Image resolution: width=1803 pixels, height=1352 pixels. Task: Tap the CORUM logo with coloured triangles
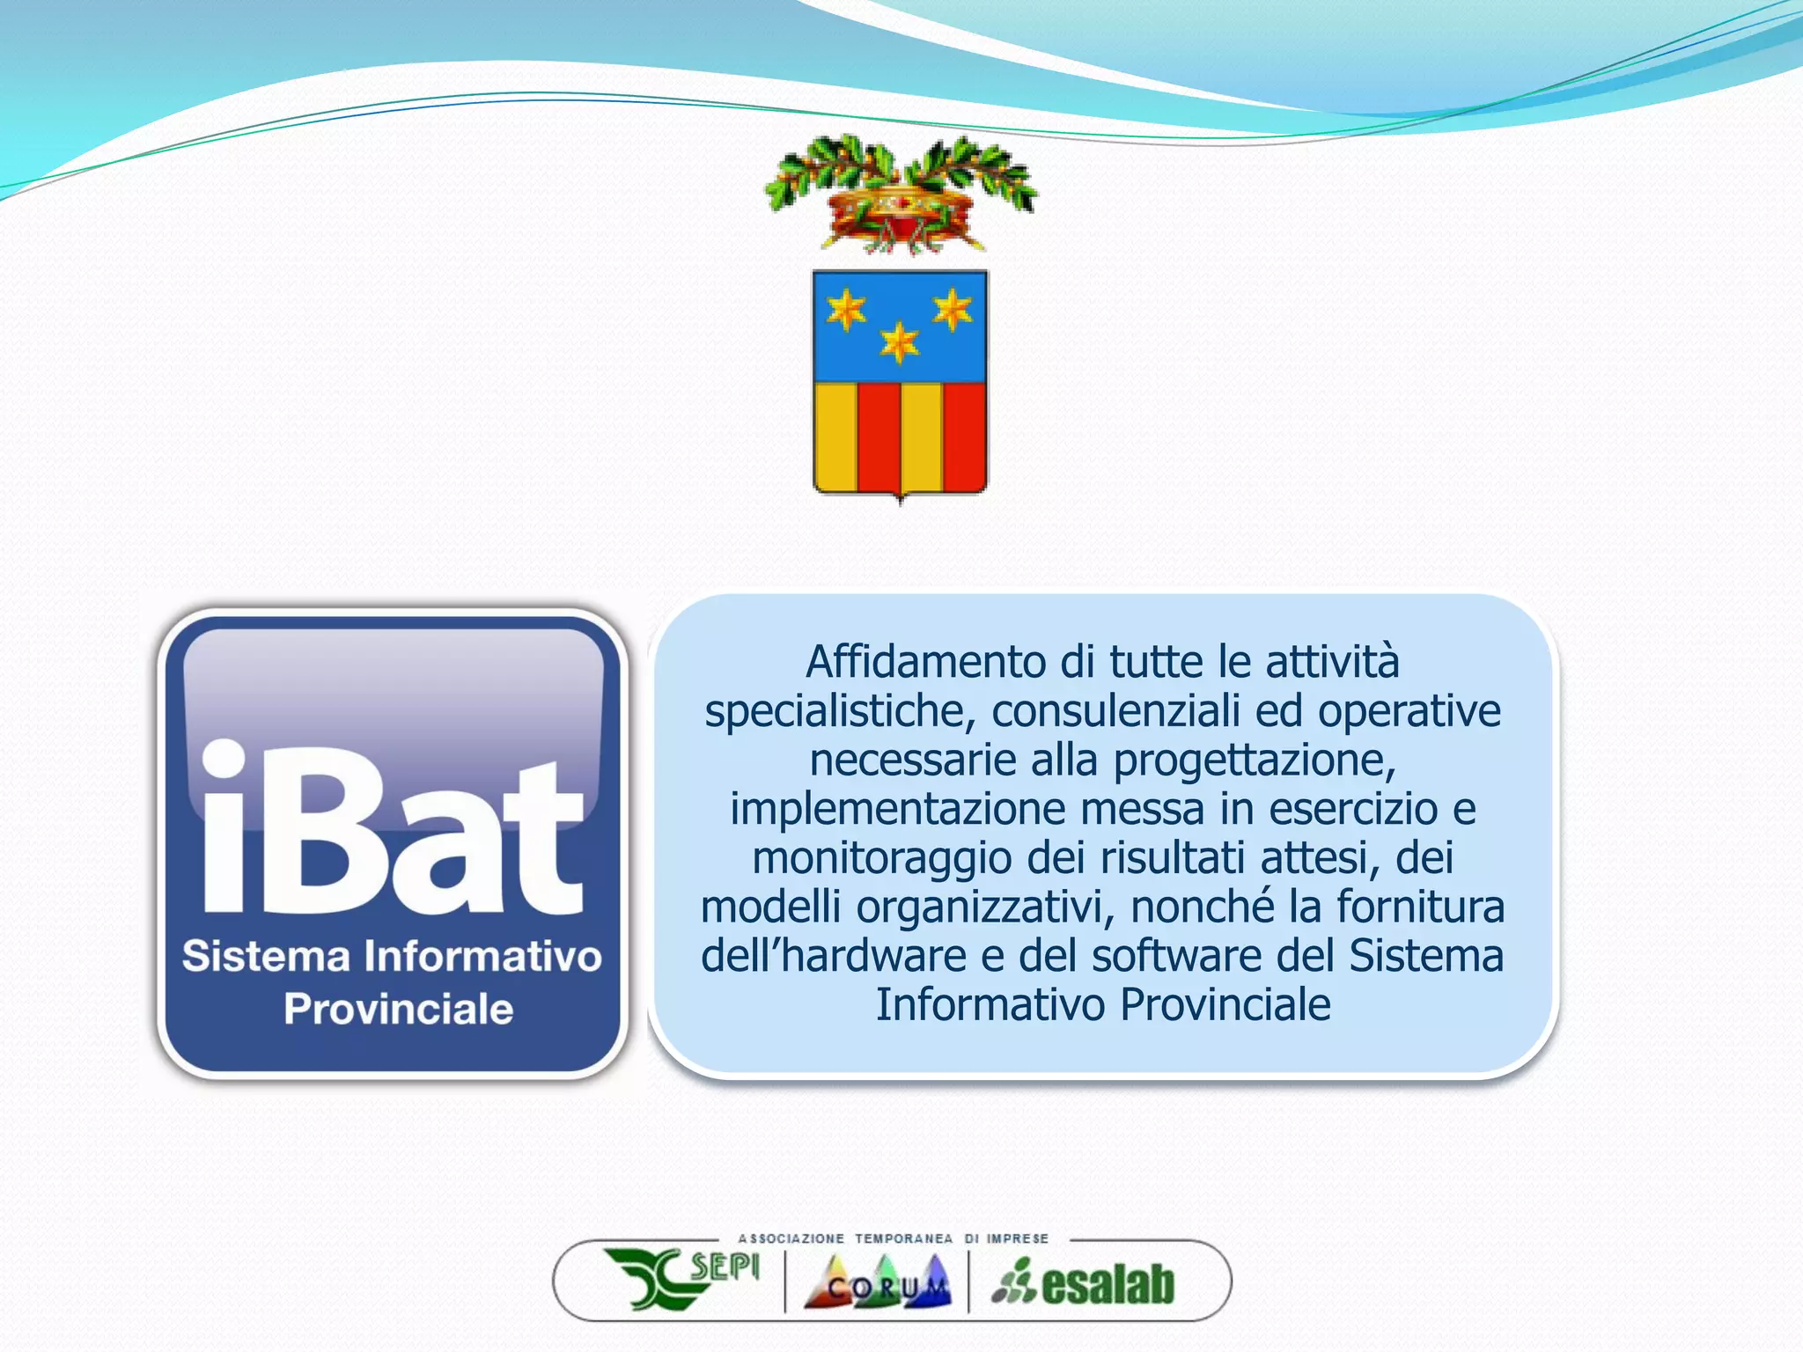tap(878, 1282)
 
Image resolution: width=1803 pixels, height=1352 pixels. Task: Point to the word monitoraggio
tap(881, 858)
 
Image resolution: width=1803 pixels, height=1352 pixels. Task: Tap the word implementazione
tap(897, 809)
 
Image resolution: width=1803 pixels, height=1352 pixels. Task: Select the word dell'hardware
tap(833, 956)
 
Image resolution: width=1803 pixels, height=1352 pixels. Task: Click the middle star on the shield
tap(899, 342)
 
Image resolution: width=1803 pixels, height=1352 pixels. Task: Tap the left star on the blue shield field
tap(846, 310)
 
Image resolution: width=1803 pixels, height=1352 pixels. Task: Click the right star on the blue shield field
tap(953, 310)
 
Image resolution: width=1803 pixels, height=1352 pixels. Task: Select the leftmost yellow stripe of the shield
tap(835, 437)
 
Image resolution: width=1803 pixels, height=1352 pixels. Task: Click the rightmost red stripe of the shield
tap(964, 437)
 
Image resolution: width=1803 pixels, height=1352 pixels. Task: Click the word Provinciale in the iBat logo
tap(398, 1009)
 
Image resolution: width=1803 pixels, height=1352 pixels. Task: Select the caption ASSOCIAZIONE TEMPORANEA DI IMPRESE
tap(893, 1238)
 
